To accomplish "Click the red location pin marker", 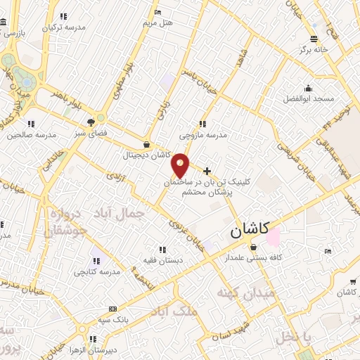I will coord(181,165).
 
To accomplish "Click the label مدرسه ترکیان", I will coord(64,27).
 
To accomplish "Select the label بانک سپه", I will coord(113,319).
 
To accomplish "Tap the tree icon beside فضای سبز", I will coord(91,122).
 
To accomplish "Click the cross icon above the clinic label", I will coord(207,171).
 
